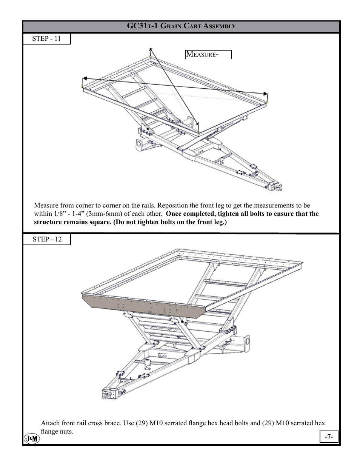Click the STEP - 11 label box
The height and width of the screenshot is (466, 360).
tap(46, 39)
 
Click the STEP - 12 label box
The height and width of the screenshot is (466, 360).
tap(46, 240)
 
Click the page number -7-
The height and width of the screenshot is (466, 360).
tap(329, 437)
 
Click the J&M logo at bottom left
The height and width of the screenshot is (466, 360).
tap(32, 439)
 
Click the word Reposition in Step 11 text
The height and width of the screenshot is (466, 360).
tap(172, 206)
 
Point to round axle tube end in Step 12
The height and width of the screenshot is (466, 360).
tap(248, 341)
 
